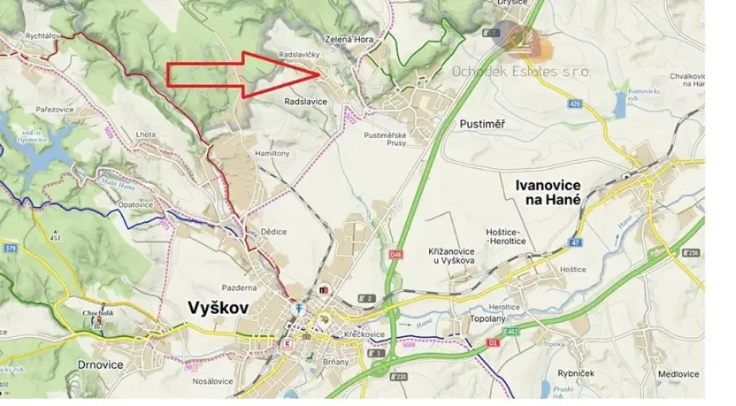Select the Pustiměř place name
(x=482, y=124)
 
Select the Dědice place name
(x=273, y=232)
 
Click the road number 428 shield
(x=576, y=104)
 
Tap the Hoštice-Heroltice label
(x=509, y=237)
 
